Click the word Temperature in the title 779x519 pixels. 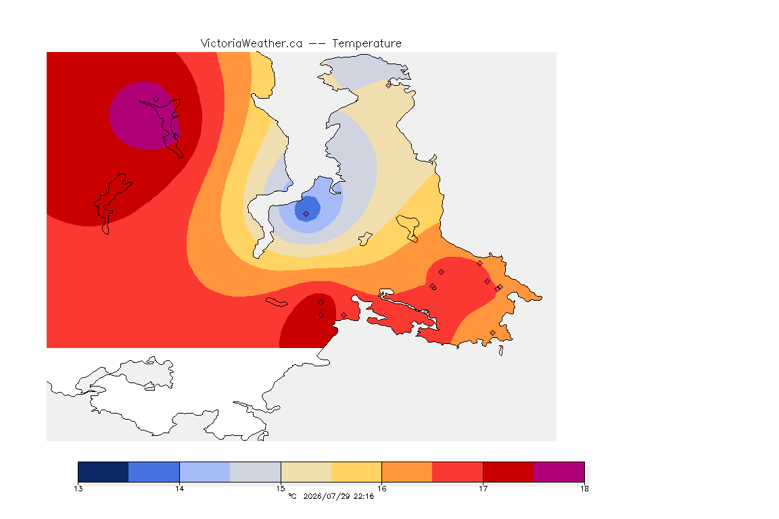(367, 44)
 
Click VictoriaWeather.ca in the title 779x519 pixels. (252, 44)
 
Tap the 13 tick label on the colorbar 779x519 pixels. (78, 489)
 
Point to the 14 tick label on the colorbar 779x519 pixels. (179, 489)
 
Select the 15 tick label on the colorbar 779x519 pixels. (281, 489)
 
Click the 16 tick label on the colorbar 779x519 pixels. (381, 489)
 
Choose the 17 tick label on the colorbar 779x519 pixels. (483, 489)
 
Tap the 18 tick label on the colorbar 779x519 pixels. (584, 489)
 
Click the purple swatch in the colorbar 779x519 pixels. (559, 472)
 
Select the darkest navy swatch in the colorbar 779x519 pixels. (103, 472)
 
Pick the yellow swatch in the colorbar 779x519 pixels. (356, 472)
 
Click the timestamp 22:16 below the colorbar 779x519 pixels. (364, 496)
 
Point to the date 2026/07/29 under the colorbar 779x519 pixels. (326, 496)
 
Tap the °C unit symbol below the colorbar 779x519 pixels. (292, 496)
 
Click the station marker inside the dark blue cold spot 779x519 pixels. (306, 214)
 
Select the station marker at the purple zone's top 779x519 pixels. (156, 99)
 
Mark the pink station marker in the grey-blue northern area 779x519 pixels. (389, 85)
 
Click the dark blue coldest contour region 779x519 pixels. (307, 209)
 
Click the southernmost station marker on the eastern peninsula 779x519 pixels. (492, 332)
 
